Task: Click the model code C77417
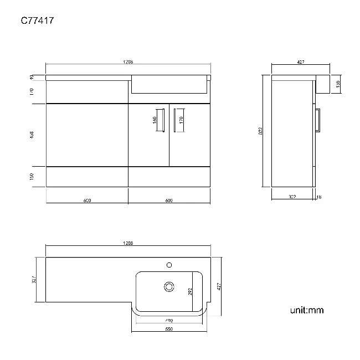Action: pos(37,21)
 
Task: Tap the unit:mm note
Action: pos(306,310)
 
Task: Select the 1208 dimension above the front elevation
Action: pos(128,62)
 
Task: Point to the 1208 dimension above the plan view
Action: pos(128,243)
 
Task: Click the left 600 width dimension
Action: pos(87,200)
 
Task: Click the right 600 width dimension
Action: pos(169,200)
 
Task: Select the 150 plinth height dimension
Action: pos(32,176)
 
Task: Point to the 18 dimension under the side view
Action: pos(318,197)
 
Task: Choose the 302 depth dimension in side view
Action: pos(292,197)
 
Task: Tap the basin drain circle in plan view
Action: pos(169,286)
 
